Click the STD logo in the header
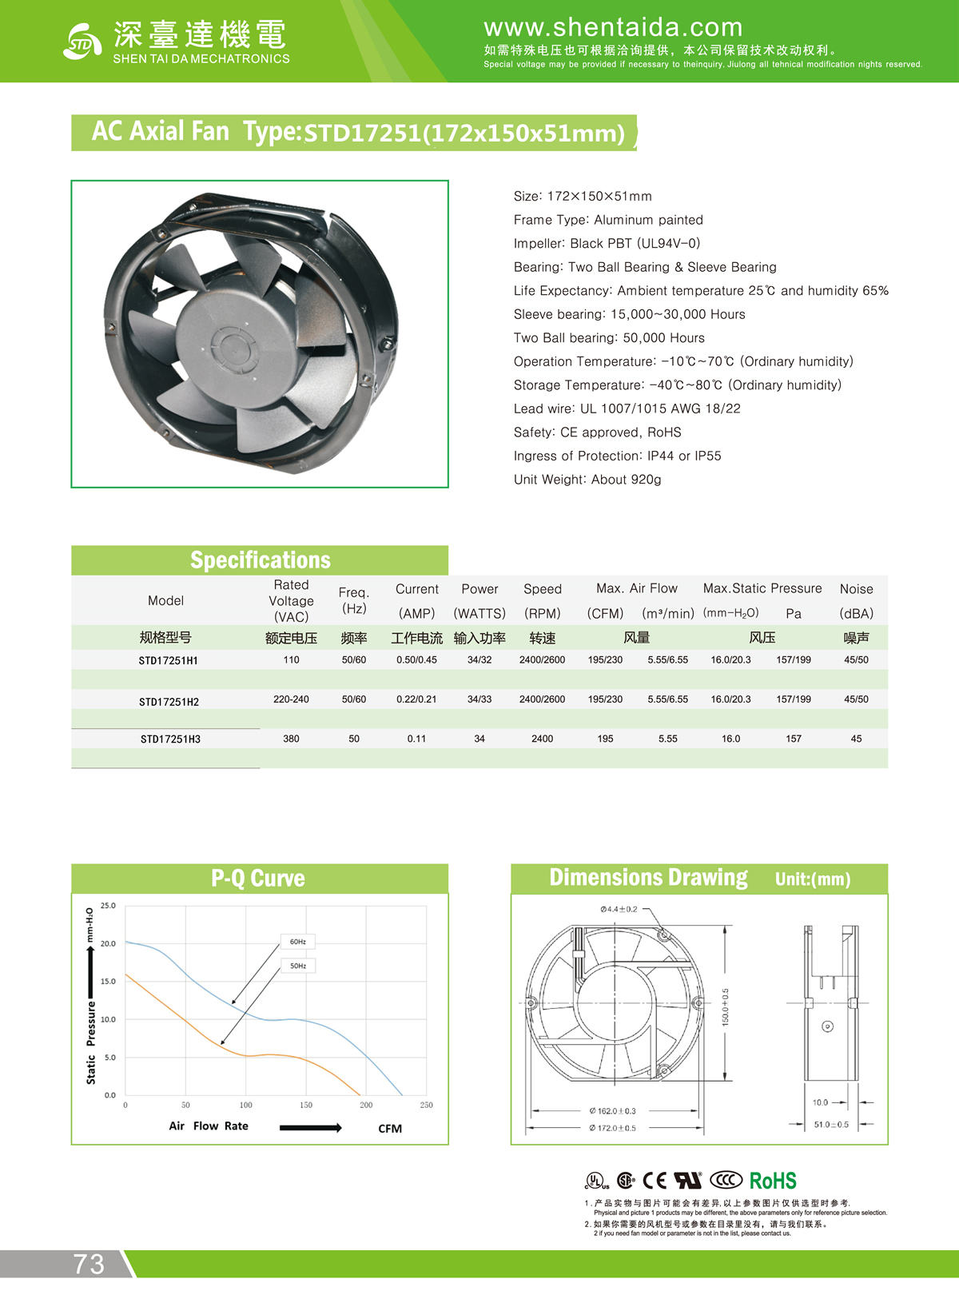(82, 42)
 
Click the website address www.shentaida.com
(613, 27)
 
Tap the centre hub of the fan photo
(233, 349)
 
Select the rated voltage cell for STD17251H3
(291, 739)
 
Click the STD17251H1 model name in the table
(168, 660)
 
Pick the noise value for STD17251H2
(856, 699)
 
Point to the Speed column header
(543, 589)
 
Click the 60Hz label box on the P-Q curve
(298, 942)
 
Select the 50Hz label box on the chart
(298, 966)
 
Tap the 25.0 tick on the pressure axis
(108, 906)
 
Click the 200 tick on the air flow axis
(366, 1105)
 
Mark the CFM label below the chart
(390, 1129)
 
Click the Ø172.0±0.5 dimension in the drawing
(613, 1128)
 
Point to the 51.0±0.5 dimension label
(831, 1125)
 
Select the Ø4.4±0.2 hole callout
(619, 909)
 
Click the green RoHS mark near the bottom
(773, 1181)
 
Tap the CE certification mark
(655, 1181)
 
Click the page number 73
(89, 1264)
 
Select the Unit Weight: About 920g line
(587, 480)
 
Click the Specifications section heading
(260, 560)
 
